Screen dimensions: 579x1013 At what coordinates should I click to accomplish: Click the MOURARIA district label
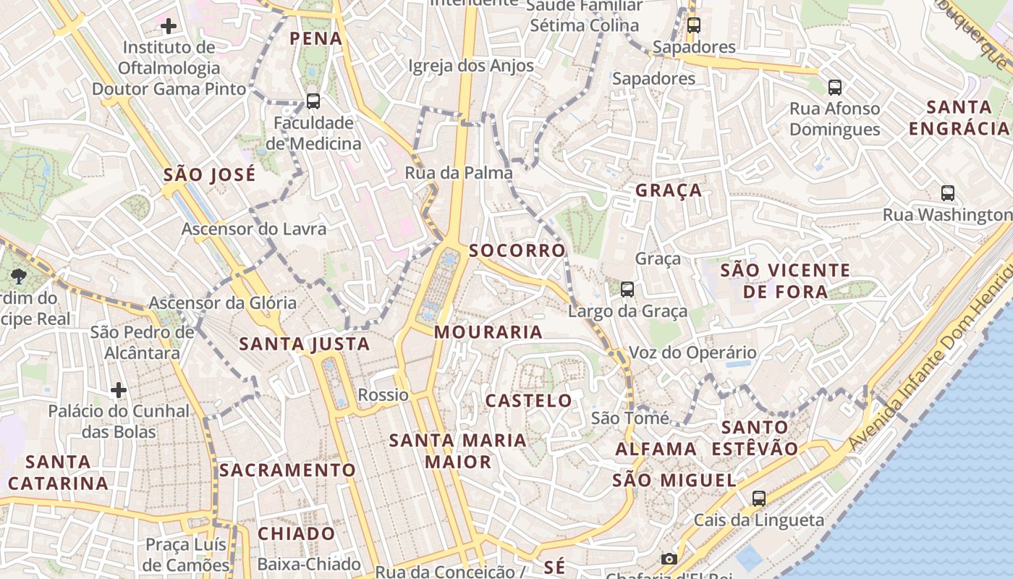pos(488,332)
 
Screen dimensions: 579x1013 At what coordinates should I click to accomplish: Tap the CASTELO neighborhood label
pos(528,401)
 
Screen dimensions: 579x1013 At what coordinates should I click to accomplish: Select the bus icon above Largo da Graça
pos(627,289)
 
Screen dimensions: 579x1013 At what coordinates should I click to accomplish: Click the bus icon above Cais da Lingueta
pos(758,499)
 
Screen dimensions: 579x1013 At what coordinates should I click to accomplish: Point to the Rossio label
pos(383,395)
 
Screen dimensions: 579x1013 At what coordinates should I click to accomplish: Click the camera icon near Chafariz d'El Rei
pos(669,559)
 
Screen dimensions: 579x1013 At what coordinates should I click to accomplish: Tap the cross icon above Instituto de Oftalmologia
pos(169,27)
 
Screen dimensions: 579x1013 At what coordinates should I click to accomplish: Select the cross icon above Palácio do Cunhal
pos(119,391)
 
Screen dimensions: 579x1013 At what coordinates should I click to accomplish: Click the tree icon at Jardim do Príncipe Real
pos(19,276)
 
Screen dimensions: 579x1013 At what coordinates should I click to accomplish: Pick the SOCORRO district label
pos(517,251)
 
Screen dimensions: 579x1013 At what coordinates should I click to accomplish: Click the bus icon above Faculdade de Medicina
pos(313,101)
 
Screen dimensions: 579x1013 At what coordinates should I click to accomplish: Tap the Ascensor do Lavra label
pos(254,229)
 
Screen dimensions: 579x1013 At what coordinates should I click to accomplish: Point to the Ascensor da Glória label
pos(223,303)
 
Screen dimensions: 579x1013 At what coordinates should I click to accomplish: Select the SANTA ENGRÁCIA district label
pos(959,118)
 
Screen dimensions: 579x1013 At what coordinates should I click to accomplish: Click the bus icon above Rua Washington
pos(948,193)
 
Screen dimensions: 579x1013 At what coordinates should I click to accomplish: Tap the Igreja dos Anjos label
pos(471,66)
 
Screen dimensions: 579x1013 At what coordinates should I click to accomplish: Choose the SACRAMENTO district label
pos(288,470)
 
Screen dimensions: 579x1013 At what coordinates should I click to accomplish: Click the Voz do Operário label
pos(692,353)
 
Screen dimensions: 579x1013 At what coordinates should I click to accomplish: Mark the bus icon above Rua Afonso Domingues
pos(834,88)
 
